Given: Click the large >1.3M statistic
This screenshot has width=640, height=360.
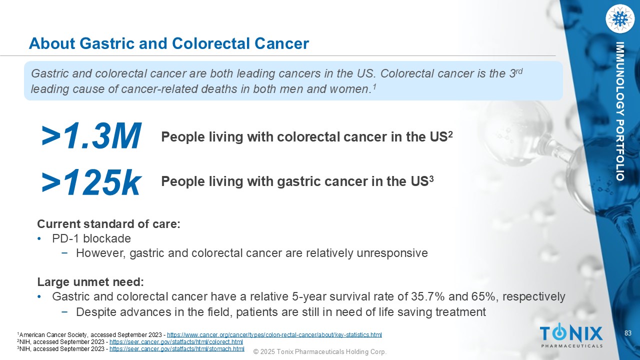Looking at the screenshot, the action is tap(91, 135).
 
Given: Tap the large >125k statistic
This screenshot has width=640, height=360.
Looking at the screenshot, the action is tap(91, 181).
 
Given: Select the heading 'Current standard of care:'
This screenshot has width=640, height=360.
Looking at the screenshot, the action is tap(108, 224).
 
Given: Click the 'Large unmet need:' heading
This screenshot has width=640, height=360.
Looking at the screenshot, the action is tap(90, 282).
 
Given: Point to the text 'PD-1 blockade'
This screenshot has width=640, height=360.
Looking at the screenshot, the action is tap(91, 238).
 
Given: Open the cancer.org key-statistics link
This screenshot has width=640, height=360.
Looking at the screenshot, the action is tap(274, 334).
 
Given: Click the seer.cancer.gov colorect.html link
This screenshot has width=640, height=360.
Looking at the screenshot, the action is tap(176, 341).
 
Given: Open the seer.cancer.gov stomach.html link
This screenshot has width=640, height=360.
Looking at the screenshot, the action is tap(177, 349).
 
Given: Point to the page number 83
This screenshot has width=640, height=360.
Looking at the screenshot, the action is tap(628, 333).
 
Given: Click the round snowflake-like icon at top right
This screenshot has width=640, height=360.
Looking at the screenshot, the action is tap(620, 19).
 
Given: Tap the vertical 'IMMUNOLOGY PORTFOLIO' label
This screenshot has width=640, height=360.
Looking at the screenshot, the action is tap(619, 111).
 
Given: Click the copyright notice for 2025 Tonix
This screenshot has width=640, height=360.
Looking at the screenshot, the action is tap(320, 351).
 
